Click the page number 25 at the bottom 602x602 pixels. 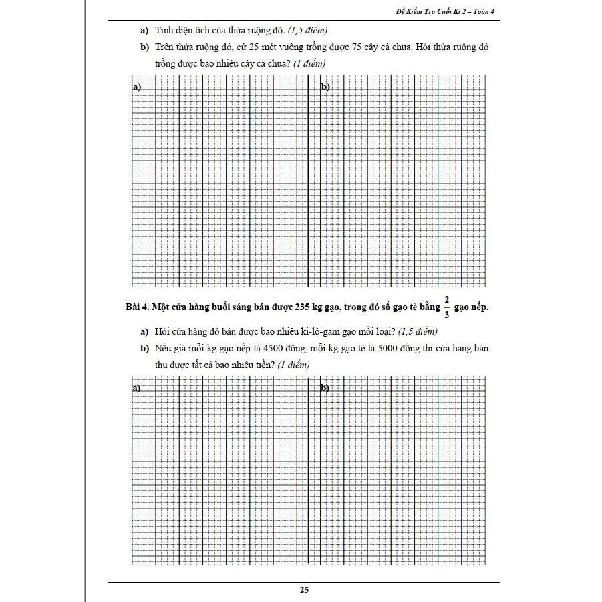(x=304, y=590)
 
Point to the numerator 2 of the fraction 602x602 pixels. (x=446, y=299)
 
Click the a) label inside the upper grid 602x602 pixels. (x=136, y=87)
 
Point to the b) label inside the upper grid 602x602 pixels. (x=325, y=87)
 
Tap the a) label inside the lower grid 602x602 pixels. (x=136, y=388)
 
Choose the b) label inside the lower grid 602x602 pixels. (x=325, y=388)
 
